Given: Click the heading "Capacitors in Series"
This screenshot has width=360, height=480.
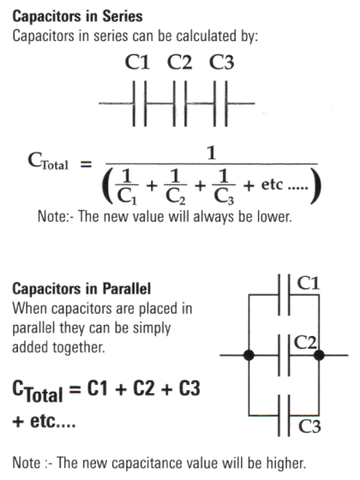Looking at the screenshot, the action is click(x=77, y=16).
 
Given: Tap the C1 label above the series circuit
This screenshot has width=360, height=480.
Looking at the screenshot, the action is click(x=137, y=62).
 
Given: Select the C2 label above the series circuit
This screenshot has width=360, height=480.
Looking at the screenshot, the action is click(x=180, y=62).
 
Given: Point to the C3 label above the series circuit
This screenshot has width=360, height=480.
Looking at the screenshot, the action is click(x=222, y=62).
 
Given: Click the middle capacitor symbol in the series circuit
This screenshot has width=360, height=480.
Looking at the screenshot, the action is click(x=180, y=104).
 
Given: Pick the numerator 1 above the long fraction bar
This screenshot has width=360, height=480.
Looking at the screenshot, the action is click(x=212, y=153).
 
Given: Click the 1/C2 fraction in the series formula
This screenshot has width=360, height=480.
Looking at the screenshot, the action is click(x=176, y=187).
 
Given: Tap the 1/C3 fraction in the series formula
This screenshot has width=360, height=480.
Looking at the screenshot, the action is click(x=224, y=187).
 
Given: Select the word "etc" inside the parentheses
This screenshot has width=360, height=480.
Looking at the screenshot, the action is click(x=272, y=184).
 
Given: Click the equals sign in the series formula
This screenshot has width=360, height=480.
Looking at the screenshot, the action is click(x=86, y=165).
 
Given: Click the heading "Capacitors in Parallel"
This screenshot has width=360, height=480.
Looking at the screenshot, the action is click(x=81, y=289).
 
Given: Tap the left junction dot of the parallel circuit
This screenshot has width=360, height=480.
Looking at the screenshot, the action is click(x=249, y=355).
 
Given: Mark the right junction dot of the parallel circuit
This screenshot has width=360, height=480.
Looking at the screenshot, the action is click(x=319, y=355).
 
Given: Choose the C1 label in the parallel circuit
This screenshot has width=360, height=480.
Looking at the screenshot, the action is click(x=309, y=283).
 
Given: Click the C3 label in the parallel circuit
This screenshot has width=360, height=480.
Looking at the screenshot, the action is click(x=309, y=426).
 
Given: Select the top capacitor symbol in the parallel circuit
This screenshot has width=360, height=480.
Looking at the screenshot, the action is click(x=284, y=295).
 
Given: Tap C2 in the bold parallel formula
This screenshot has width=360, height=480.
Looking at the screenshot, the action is click(x=144, y=388).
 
